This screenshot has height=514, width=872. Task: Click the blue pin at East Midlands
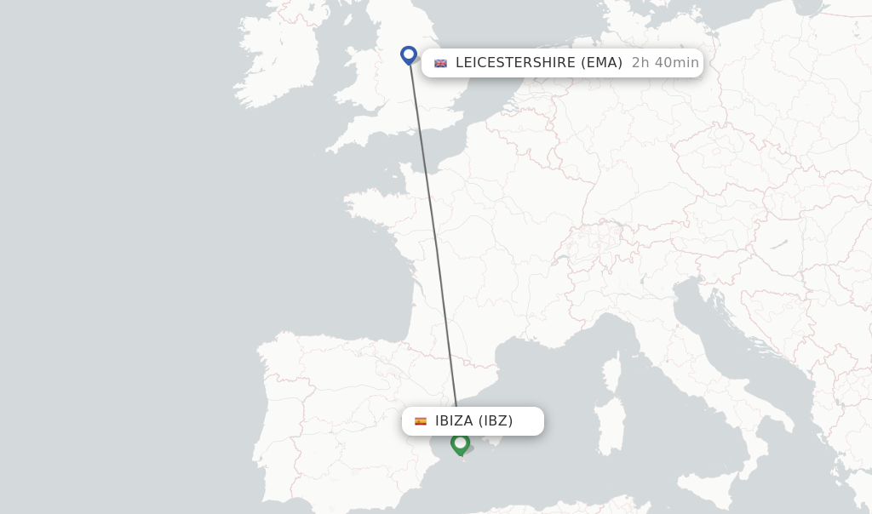click(409, 55)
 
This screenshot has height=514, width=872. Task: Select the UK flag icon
click(440, 63)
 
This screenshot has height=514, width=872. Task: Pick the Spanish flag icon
click(421, 421)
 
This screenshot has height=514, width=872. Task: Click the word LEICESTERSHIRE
click(515, 63)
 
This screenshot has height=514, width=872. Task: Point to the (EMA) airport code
click(601, 63)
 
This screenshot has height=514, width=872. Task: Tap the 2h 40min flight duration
click(665, 63)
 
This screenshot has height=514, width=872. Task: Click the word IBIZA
click(454, 421)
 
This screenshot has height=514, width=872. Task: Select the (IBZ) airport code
click(496, 421)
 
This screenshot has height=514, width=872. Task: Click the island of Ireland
click(272, 60)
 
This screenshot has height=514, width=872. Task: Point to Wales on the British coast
click(362, 106)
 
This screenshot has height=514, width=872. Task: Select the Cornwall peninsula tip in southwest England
click(332, 148)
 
